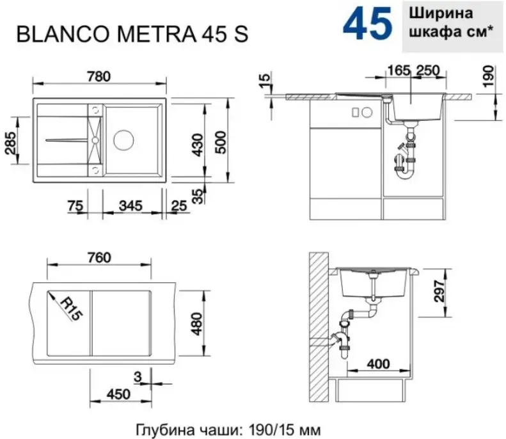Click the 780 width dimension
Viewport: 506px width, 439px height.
tap(99, 77)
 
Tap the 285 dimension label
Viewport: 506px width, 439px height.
tap(11, 143)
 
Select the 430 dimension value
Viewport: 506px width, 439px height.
tap(198, 145)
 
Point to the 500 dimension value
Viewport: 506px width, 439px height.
tap(221, 142)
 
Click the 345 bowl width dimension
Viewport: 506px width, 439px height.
tap(130, 205)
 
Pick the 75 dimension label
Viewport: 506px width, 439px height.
tap(75, 205)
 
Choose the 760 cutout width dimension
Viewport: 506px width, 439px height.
tap(99, 258)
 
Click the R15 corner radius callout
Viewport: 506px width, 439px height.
tap(72, 309)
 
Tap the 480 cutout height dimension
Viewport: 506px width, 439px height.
tap(196, 324)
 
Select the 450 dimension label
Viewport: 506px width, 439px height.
tap(119, 394)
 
